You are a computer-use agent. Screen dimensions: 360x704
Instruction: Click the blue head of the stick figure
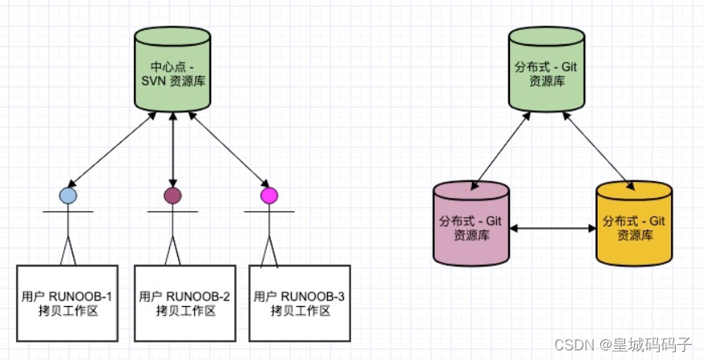coord(68,195)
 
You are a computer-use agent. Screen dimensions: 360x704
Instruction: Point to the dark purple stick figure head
coord(172,195)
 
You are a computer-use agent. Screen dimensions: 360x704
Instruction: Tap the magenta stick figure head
coord(269,195)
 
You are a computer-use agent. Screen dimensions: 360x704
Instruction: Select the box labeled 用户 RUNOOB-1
coord(68,302)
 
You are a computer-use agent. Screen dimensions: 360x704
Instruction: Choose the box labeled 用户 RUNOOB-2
coord(184,302)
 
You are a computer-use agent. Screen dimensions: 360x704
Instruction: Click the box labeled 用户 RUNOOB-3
coord(299,302)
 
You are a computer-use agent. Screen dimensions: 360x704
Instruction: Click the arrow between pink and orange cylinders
coord(553,230)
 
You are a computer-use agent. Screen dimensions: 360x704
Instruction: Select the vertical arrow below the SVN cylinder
coord(172,149)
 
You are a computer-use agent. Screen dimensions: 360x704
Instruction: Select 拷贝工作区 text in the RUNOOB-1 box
coord(68,311)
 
